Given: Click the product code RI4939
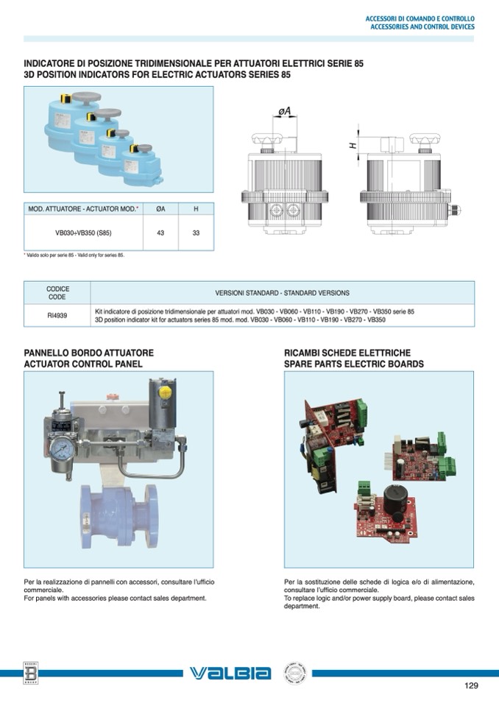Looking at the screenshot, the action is (57, 316).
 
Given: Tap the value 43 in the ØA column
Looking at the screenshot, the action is (160, 233).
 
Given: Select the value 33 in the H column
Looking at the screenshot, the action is (196, 233).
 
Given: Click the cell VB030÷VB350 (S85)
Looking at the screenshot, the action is (83, 233).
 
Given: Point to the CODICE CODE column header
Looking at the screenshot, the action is (57, 293).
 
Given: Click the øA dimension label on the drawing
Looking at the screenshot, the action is (284, 110).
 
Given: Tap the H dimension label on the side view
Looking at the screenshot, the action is (353, 146).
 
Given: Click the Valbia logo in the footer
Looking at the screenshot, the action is (230, 673).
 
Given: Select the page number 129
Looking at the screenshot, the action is (471, 685).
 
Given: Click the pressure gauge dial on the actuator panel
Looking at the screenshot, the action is (63, 449).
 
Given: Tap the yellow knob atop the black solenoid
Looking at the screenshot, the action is (165, 392).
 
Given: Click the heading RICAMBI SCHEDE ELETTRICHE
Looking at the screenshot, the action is (347, 353).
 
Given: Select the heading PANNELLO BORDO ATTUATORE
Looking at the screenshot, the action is (88, 353).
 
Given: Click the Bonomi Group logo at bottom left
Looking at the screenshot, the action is (31, 673).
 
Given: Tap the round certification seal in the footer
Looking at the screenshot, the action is (294, 674).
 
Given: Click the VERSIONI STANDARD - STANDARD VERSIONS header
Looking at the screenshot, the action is (282, 293).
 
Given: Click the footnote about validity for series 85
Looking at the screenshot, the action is (74, 255).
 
